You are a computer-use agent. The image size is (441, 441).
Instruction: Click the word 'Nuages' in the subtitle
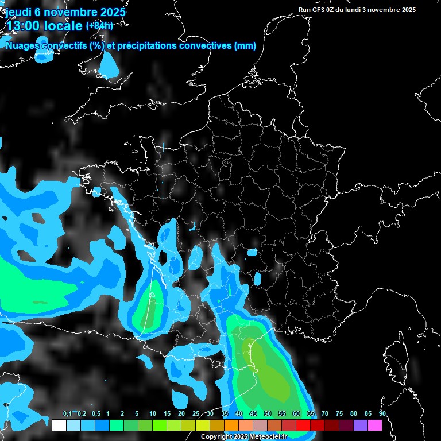tap(22, 46)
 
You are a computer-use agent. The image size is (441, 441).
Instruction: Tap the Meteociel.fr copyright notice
tap(252, 437)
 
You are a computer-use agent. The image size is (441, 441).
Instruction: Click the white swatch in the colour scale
tap(59, 425)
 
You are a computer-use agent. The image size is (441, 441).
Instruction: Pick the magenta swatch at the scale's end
tap(375, 425)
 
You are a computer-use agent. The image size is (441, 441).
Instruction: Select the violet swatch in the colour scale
tap(361, 425)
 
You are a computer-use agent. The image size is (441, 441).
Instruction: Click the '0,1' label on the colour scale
tap(67, 414)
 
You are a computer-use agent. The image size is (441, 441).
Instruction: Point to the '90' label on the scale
tap(382, 414)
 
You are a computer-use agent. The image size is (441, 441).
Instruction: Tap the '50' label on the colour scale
tap(268, 414)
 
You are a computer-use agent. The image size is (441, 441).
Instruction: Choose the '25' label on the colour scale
tap(196, 414)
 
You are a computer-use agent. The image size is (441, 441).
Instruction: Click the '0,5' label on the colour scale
tap(96, 414)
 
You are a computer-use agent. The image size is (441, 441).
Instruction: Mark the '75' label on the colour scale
tap(339, 414)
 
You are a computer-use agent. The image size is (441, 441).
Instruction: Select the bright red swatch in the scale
tap(303, 425)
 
